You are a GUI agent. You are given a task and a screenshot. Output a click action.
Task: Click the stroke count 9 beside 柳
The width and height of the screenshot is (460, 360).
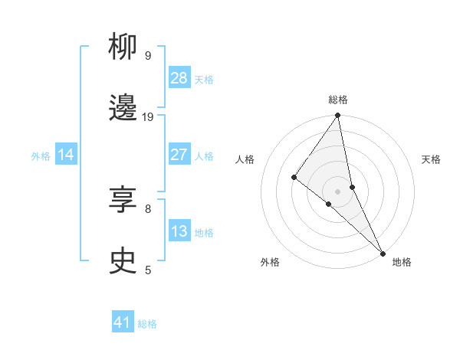click(148, 56)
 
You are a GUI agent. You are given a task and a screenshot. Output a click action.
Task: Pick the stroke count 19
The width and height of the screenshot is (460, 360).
click(148, 117)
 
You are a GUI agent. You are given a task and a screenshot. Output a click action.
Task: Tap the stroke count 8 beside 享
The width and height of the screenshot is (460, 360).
click(148, 208)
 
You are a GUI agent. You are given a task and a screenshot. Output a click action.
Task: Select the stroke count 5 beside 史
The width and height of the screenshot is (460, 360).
click(148, 270)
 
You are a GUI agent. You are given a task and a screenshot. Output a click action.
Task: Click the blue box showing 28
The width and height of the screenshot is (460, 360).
click(179, 78)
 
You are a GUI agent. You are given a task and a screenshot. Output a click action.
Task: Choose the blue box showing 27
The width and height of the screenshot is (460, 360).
click(179, 155)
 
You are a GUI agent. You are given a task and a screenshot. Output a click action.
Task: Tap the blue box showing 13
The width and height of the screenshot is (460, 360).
click(179, 231)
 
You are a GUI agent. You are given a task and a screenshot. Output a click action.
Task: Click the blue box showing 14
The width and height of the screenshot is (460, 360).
click(66, 155)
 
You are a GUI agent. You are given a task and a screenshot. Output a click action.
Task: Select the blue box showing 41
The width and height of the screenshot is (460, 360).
click(123, 322)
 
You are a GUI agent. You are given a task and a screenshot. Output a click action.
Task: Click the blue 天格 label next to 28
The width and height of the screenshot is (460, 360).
click(204, 80)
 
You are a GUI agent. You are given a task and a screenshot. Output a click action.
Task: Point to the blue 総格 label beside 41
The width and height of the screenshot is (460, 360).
click(147, 324)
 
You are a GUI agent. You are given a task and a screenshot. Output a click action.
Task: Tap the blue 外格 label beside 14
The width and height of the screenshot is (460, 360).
click(41, 156)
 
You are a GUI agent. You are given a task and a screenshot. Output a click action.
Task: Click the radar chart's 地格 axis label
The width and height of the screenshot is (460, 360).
click(402, 263)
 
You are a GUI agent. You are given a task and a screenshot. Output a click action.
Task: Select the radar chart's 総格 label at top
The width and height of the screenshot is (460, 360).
click(338, 100)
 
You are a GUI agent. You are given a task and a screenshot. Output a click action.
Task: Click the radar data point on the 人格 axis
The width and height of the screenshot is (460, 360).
click(294, 178)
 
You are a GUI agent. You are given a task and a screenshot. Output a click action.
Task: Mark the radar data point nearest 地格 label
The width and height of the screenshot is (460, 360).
click(382, 253)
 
